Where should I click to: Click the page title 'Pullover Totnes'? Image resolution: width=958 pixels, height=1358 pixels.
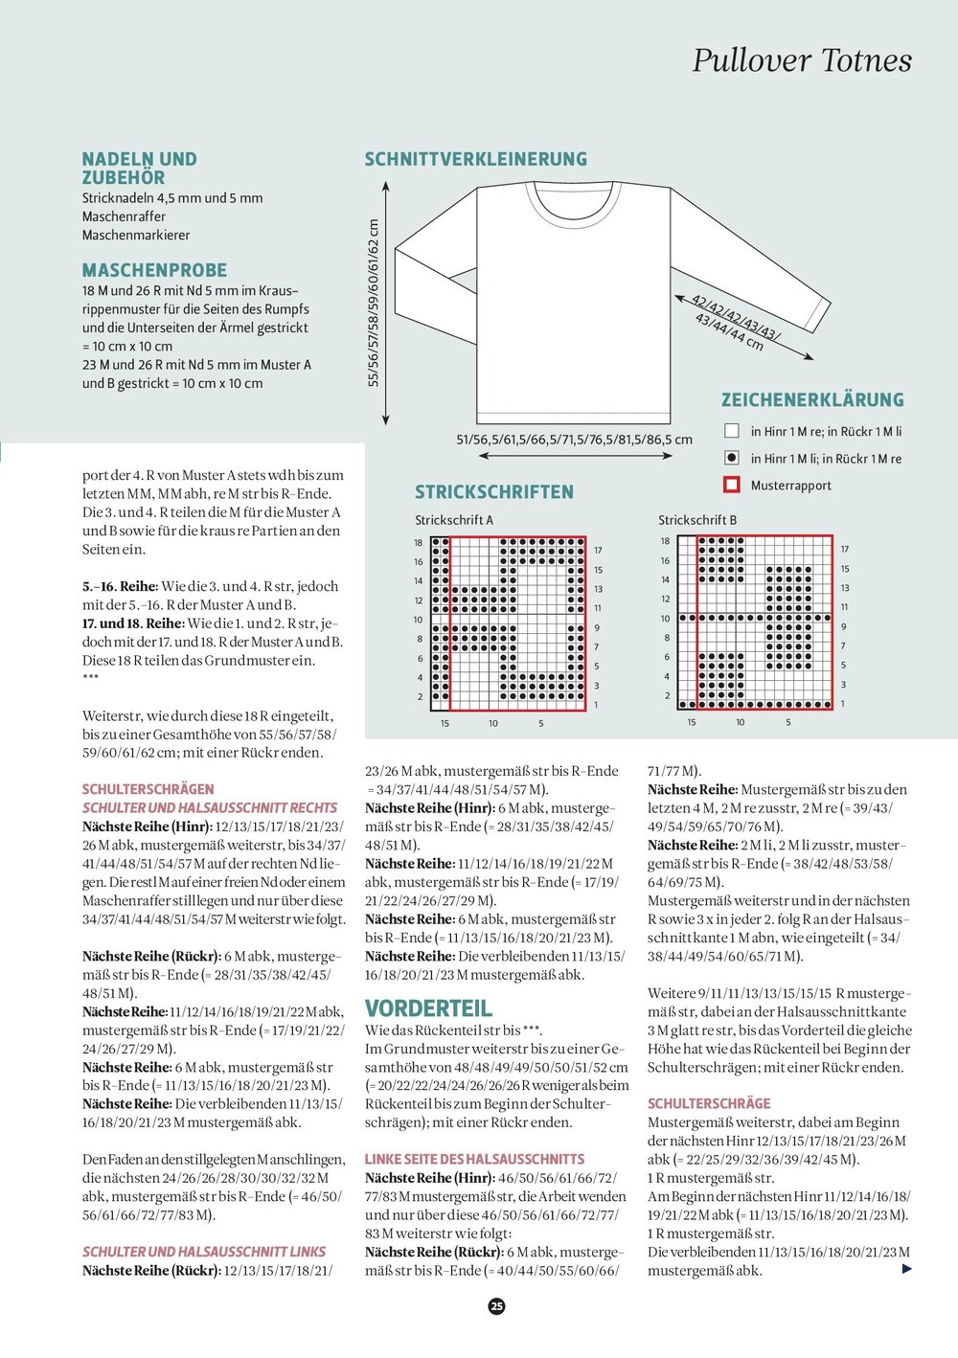(802, 60)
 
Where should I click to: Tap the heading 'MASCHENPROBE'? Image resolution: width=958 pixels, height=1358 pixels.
(154, 270)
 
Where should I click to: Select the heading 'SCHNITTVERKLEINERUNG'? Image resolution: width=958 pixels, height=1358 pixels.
(475, 159)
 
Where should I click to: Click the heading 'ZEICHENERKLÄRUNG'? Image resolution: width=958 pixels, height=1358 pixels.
(812, 400)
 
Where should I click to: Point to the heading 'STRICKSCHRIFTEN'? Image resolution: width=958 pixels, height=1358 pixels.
(493, 492)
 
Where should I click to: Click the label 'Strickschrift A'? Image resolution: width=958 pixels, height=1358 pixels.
(454, 520)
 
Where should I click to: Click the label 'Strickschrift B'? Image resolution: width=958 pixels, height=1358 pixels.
(697, 520)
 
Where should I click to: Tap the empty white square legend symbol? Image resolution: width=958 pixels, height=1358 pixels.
(732, 432)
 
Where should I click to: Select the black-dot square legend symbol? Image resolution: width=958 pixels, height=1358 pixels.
(732, 459)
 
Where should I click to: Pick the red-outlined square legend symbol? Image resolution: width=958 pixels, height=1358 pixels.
(732, 485)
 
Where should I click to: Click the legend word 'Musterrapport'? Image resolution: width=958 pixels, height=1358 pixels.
(790, 486)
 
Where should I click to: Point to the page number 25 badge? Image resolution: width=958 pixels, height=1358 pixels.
(496, 1305)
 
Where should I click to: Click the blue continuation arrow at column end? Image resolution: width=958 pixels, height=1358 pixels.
(907, 1270)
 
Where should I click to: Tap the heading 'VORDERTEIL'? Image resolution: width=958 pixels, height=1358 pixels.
(428, 1008)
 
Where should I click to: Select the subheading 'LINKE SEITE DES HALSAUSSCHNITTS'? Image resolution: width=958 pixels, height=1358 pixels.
(474, 1159)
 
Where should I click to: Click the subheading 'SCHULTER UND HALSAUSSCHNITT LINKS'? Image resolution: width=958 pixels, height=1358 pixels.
(204, 1252)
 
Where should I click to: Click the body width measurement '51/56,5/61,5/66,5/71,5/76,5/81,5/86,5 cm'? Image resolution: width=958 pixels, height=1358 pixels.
(574, 440)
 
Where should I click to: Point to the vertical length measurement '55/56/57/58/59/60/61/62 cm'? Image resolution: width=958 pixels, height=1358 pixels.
(374, 303)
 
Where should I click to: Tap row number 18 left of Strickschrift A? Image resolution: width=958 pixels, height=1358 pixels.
(419, 543)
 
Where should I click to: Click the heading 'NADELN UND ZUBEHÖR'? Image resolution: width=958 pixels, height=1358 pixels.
(139, 168)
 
